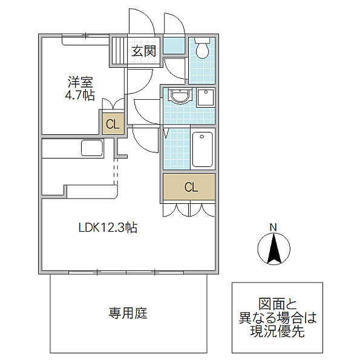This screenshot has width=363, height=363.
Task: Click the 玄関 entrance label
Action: (x=144, y=51)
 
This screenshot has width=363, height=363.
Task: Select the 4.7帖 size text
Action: (x=80, y=96)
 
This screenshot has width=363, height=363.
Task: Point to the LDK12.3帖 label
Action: (x=108, y=228)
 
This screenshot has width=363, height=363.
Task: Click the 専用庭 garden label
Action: (x=128, y=313)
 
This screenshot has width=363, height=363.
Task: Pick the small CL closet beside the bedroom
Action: (x=113, y=125)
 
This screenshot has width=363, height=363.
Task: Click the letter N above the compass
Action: (x=273, y=227)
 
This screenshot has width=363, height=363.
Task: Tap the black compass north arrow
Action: (x=273, y=249)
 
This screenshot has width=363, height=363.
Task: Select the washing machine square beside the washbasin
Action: (x=206, y=98)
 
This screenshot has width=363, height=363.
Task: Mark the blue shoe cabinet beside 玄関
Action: (x=175, y=46)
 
